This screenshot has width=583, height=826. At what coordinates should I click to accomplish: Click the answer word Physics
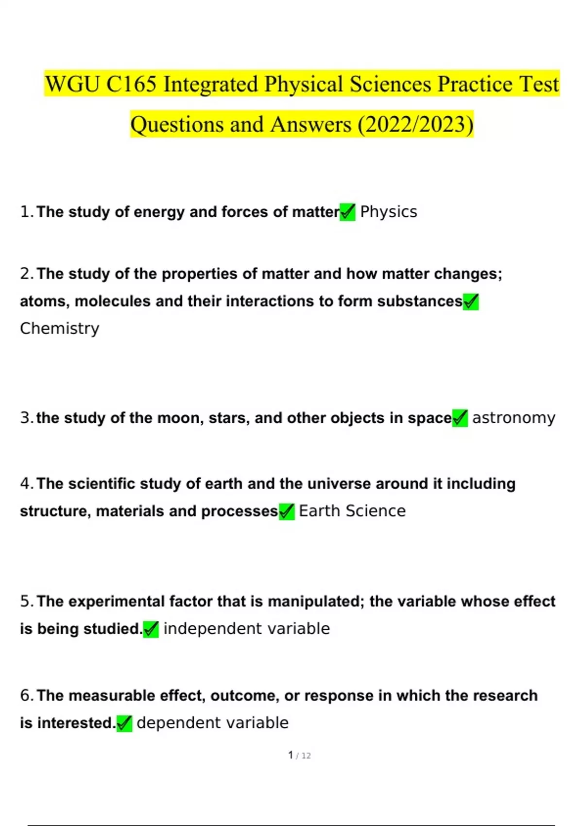coord(388,212)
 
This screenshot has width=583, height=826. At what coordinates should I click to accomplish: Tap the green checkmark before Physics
coord(347,212)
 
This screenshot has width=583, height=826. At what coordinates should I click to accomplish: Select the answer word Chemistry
coord(59,328)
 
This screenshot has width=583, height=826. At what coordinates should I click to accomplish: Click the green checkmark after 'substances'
coord(471,302)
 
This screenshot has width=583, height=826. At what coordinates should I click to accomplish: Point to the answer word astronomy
coord(514,418)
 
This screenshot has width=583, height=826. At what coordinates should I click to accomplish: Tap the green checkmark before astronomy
coord(460,418)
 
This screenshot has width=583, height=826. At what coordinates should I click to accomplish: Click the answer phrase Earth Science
coord(352,511)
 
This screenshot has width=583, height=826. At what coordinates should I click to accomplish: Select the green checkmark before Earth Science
coord(287,511)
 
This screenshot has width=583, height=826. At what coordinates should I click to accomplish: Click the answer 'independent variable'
coord(246,629)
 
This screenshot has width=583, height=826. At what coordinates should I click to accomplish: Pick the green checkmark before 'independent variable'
coord(151,629)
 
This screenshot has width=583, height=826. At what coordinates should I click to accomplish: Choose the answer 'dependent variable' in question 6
coord(212,723)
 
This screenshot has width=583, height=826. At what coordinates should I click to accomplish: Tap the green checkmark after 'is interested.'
coord(124,723)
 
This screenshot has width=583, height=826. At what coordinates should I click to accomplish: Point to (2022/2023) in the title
coord(415,124)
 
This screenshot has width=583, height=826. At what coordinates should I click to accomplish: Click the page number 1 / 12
coord(299,755)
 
